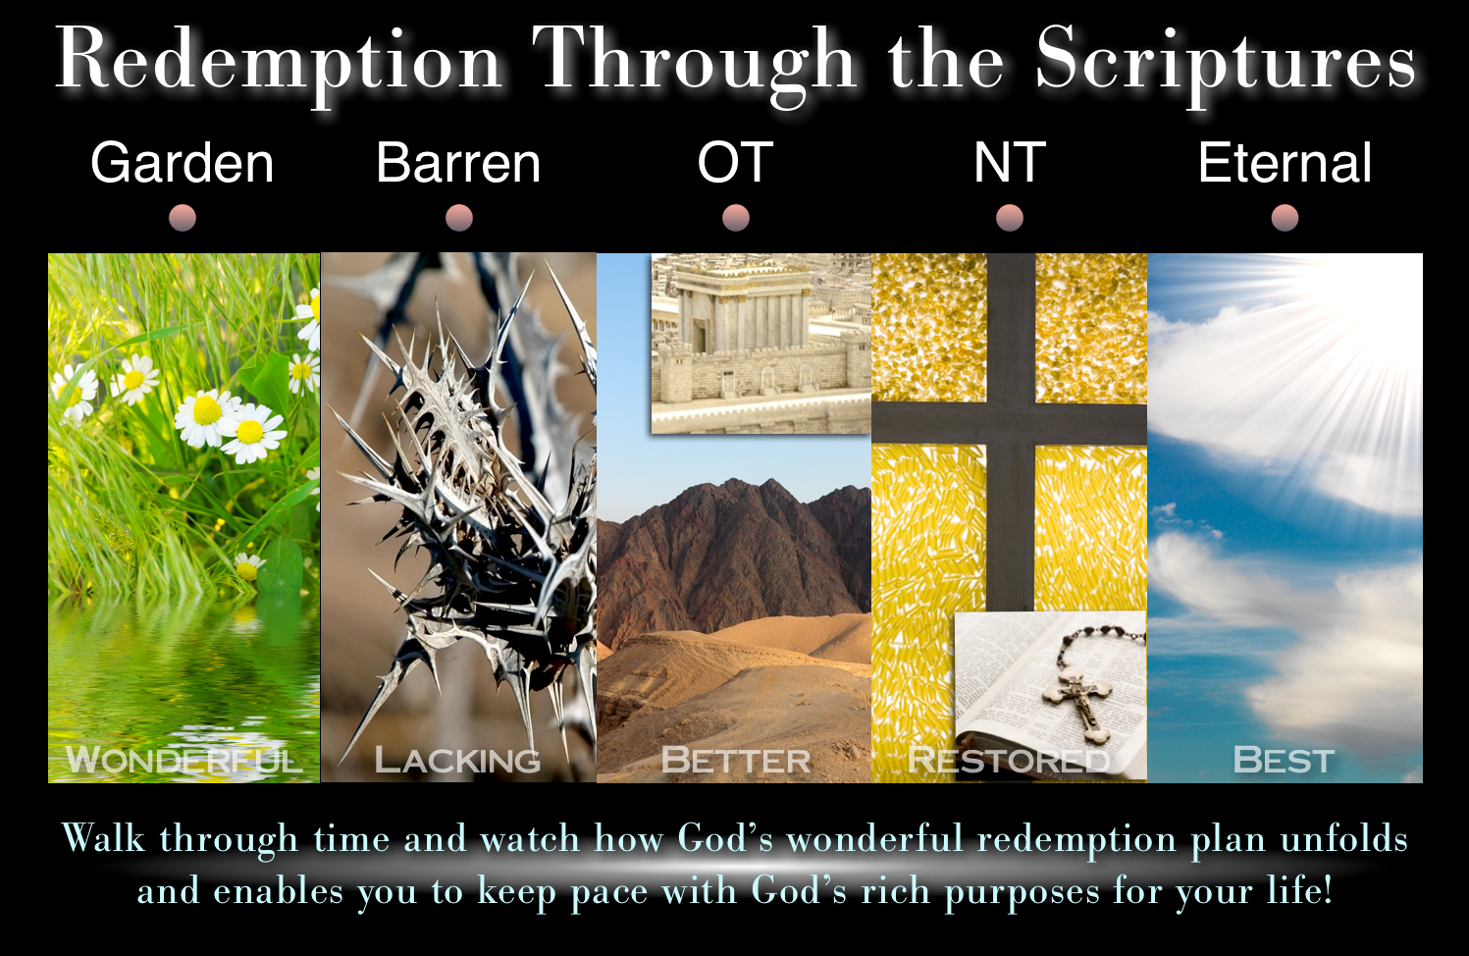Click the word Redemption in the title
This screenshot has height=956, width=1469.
[280, 63]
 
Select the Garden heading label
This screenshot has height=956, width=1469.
[183, 163]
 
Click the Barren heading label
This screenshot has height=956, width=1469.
[458, 163]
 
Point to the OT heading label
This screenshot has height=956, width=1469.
[735, 163]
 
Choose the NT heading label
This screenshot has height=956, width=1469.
[1010, 163]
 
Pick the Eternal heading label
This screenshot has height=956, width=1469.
[1285, 163]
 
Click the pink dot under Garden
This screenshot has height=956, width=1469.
[183, 218]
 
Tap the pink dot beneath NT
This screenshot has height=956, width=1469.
[1010, 218]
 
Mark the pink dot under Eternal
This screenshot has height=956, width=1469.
[1285, 218]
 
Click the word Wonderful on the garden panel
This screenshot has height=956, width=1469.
[184, 761]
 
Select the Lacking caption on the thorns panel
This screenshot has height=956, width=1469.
[457, 761]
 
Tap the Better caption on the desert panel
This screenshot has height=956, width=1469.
[736, 761]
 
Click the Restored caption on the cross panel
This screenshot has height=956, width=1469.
[1009, 761]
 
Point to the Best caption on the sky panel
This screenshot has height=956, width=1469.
[1284, 761]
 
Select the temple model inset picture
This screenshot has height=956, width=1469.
[761, 344]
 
